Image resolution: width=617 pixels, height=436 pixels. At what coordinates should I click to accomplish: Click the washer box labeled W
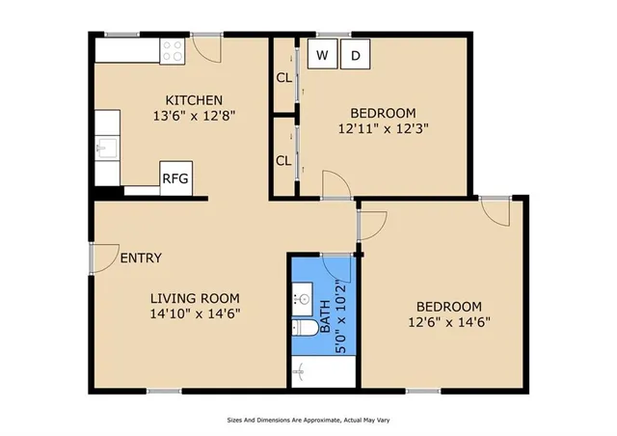pos(322,56)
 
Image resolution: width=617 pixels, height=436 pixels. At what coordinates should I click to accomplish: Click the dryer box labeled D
pos(355,56)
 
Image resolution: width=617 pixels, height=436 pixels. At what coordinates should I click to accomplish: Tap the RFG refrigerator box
pos(174,178)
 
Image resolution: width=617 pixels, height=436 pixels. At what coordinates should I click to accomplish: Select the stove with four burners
pos(174,51)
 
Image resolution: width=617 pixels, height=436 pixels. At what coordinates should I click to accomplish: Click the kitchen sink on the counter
pos(107,149)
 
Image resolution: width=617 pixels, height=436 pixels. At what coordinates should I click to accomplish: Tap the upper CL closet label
pos(283,78)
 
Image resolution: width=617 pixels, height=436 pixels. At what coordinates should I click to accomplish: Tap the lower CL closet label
pos(283,160)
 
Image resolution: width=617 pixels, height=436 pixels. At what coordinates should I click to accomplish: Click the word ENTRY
pos(141,259)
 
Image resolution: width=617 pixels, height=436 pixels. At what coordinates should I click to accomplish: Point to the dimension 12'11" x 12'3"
pos(383,126)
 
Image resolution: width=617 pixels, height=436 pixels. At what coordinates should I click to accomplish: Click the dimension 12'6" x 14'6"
pos(450,323)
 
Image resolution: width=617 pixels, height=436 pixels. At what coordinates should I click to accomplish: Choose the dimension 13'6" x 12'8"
pos(194,116)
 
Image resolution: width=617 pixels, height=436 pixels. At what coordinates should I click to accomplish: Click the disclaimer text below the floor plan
pos(308,421)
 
